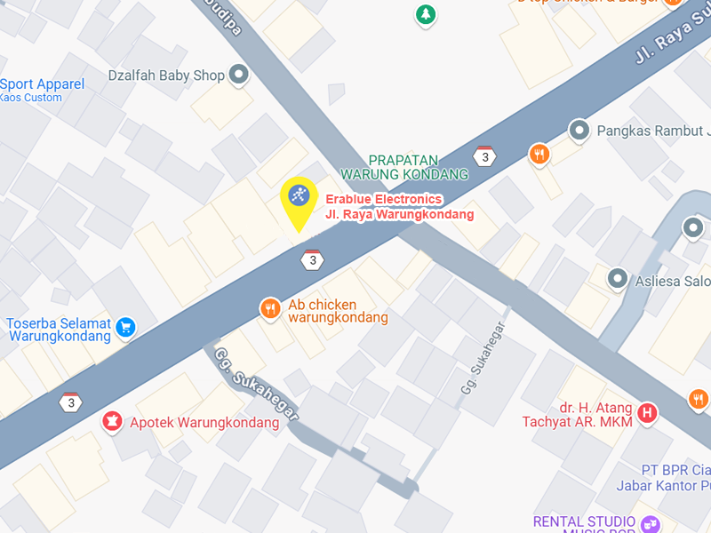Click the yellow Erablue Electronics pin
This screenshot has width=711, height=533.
pos(299,197)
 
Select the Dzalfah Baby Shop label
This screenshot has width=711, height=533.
pos(166,76)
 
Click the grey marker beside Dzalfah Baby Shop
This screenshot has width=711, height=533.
pos(238,76)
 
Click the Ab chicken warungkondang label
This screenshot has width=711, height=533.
pos(338,310)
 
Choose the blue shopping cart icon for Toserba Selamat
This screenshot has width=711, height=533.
pos(125,327)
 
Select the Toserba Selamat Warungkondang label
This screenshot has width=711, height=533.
pos(59,330)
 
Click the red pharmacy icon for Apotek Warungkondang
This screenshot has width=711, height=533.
pos(112,421)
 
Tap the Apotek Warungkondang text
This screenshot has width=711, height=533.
pos(204,423)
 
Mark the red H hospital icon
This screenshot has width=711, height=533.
pos(649,412)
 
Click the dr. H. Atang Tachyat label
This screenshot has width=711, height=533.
pos(578,415)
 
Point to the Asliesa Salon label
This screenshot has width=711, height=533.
pos(673,282)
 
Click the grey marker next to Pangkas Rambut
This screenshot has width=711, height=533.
pos(579,131)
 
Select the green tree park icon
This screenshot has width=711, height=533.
pos(427,14)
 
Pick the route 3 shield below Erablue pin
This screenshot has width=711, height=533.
pos(312,259)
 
